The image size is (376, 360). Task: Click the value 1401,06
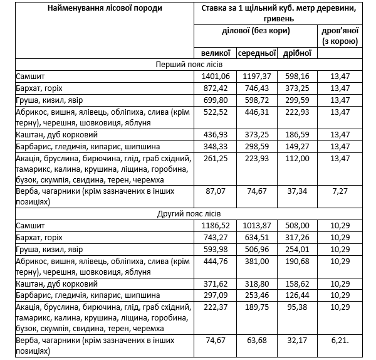click(x=216, y=77)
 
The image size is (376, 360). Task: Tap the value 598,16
click(x=297, y=77)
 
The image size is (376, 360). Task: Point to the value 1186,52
click(x=216, y=225)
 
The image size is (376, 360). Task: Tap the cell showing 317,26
click(x=297, y=237)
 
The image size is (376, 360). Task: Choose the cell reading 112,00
click(x=297, y=159)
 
